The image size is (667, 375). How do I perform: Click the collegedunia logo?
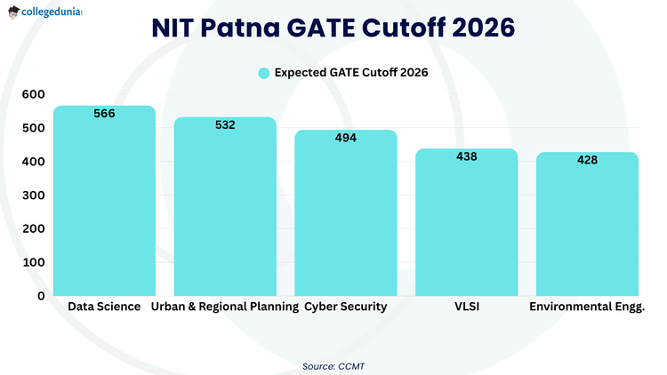(x=50, y=12)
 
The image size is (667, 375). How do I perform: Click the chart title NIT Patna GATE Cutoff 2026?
(x=333, y=28)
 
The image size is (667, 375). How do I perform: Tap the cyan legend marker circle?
(x=263, y=73)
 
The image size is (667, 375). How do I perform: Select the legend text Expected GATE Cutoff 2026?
(x=351, y=73)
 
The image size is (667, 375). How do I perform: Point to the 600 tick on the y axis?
(x=33, y=94)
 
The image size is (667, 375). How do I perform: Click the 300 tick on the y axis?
(x=33, y=195)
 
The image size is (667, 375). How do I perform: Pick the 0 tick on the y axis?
(x=41, y=296)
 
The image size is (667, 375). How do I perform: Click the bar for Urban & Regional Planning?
(x=225, y=213)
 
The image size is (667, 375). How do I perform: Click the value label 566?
(x=104, y=114)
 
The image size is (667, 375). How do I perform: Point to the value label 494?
(x=346, y=138)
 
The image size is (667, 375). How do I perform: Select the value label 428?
(x=587, y=160)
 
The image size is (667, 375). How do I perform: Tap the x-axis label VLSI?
(x=467, y=307)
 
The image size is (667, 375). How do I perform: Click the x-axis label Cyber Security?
(x=346, y=307)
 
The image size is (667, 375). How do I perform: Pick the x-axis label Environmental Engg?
(x=587, y=307)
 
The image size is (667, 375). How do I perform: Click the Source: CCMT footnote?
(x=333, y=364)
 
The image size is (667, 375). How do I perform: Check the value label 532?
(x=225, y=125)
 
